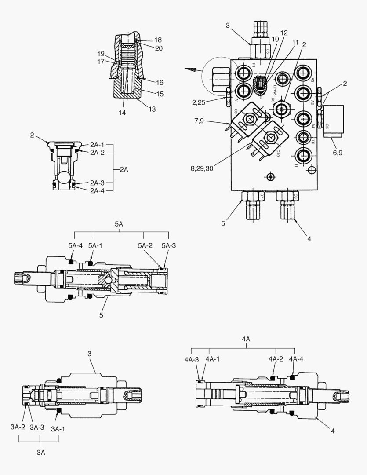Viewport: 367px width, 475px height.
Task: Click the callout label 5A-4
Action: coord(75,246)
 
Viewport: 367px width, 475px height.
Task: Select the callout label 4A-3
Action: coord(192,359)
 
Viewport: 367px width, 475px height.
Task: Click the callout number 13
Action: coord(152,110)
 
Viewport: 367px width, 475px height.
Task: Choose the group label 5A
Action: coord(119,224)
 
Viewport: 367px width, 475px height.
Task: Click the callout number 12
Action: coord(284,33)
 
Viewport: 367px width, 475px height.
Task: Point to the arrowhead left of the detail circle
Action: coord(190,69)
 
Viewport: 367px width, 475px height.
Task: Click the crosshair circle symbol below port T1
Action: coord(312,170)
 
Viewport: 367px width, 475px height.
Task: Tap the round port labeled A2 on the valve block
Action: coord(304,73)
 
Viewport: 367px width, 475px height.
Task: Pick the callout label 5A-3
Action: coord(168,246)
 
